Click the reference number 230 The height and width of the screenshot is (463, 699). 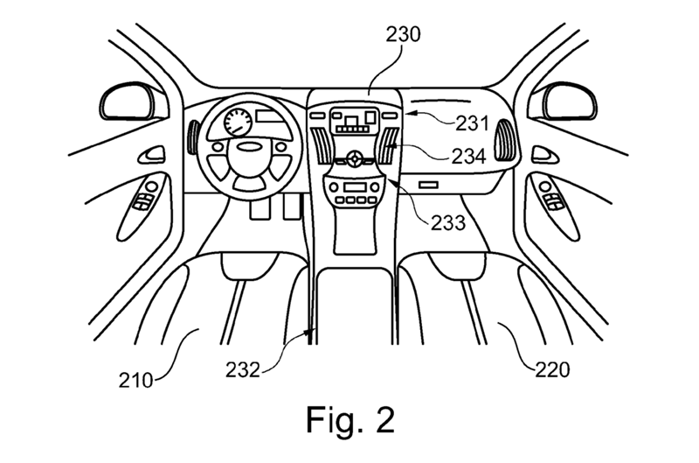click(x=403, y=34)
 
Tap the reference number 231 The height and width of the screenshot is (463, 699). click(x=472, y=123)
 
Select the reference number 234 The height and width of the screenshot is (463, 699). click(x=468, y=157)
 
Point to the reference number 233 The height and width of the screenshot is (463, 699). click(x=448, y=222)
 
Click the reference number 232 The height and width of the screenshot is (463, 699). click(x=243, y=369)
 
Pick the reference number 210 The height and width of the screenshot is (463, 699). click(x=135, y=381)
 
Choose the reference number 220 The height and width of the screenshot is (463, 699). click(x=552, y=369)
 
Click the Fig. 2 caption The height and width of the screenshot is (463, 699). click(x=350, y=420)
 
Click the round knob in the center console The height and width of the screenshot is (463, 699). click(x=355, y=158)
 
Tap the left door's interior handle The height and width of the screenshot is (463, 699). click(x=151, y=155)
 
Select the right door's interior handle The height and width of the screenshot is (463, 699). click(x=544, y=155)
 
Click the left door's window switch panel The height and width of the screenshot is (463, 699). click(x=146, y=195)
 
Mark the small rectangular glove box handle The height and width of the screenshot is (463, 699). click(x=428, y=185)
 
